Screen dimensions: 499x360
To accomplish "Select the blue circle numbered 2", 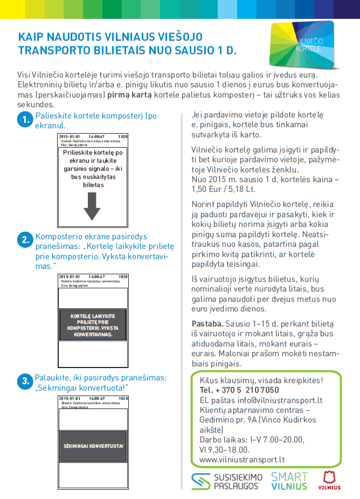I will (25, 240).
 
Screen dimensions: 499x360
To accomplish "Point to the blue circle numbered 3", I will (25, 382).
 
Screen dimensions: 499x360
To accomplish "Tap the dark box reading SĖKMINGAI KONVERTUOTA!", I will (93, 446).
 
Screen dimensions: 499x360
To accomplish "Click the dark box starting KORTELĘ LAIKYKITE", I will (93, 325).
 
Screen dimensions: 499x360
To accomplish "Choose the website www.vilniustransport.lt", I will (242, 460).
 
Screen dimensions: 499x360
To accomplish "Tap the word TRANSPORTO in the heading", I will (52, 51).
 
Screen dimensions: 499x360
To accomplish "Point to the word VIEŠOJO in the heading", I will (178, 37).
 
